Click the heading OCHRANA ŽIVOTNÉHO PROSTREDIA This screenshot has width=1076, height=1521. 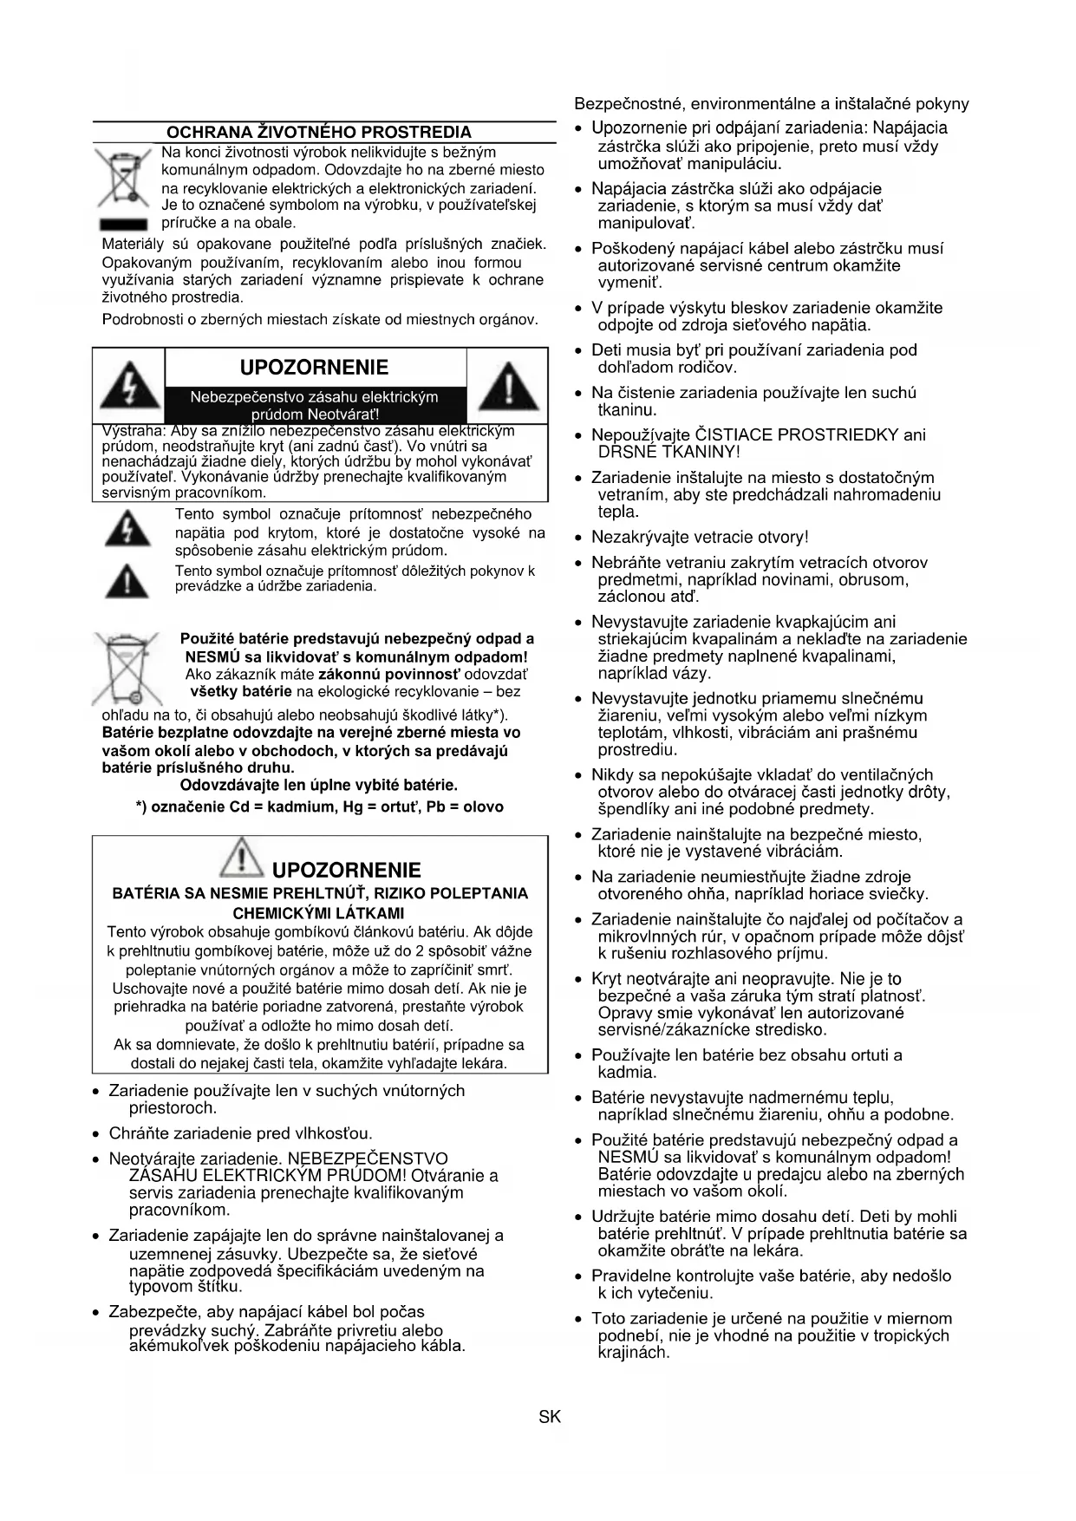(x=318, y=133)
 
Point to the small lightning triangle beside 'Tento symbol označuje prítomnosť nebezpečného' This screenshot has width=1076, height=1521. (x=127, y=530)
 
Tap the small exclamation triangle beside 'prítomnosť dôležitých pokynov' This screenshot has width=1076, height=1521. (x=127, y=580)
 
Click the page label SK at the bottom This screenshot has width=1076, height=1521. (x=550, y=1417)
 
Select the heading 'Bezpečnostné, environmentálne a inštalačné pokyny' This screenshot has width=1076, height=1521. (x=771, y=104)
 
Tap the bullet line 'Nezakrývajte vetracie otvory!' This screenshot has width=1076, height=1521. (x=699, y=538)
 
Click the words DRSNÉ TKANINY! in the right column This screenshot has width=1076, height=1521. (x=668, y=452)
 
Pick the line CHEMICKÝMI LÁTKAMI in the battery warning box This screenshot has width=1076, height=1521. (x=318, y=912)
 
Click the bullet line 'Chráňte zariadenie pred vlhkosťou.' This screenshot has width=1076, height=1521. (x=240, y=1133)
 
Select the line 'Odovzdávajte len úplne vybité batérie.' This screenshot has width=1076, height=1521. (x=318, y=785)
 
